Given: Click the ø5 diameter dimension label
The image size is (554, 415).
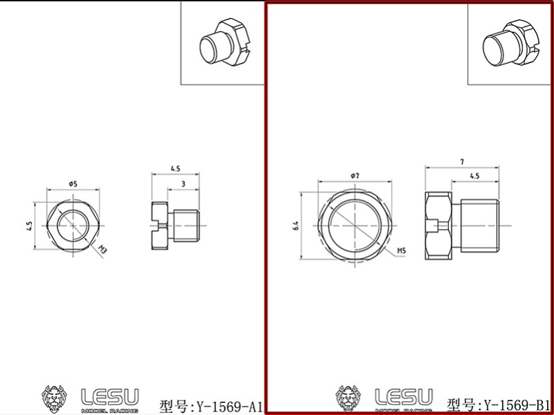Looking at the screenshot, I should coord(73,183).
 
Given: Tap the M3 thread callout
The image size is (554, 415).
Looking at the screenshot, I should coord(102,250).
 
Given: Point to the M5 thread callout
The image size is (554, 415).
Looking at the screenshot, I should coord(402,250).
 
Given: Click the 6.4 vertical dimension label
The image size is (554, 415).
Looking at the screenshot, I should coord(295,225).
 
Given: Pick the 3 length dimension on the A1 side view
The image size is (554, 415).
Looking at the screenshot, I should coord(182,183).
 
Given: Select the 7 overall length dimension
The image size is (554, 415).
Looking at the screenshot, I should coord(461,161).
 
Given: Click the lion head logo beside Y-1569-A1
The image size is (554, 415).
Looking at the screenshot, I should coord(55,398).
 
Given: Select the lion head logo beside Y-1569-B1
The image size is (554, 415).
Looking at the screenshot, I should coord(349,398).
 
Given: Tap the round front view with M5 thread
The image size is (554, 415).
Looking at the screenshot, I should coord(355,225).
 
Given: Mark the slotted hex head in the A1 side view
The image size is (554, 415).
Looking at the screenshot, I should coord(160,225).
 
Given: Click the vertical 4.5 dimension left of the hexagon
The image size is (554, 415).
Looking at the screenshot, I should coord(30,225).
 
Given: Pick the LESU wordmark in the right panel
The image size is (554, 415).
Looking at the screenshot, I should coord(404,397).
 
